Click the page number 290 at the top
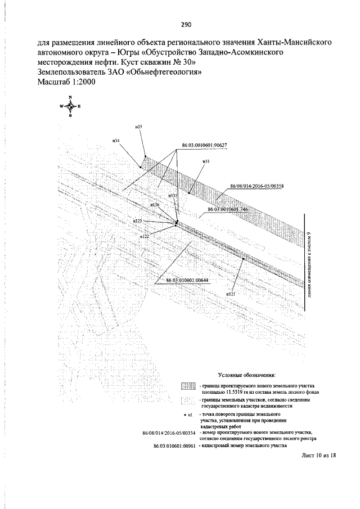tap(186, 25)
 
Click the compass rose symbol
tap(70, 106)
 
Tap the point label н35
tap(138, 127)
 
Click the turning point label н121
tap(230, 294)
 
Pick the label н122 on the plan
tap(144, 237)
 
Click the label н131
tap(173, 195)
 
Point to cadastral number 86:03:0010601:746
tap(228, 209)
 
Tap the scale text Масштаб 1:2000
tap(66, 82)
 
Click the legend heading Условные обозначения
tap(246, 374)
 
